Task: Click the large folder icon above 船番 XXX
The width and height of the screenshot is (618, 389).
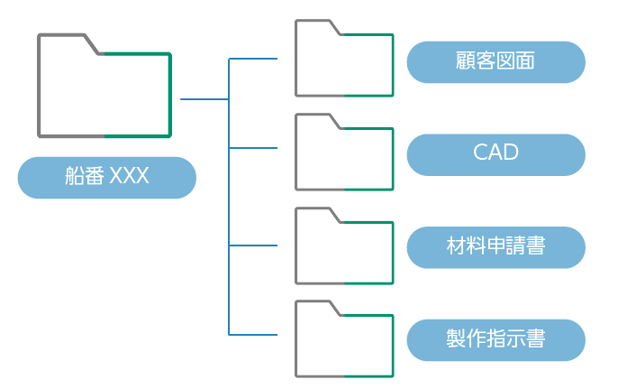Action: coord(105,87)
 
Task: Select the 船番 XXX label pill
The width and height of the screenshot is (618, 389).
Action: coord(106,177)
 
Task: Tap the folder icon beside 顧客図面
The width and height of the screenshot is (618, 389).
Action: coord(344,59)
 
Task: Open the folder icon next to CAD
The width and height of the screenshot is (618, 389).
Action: coord(344,153)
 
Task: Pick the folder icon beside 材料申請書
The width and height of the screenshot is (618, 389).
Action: coord(344,246)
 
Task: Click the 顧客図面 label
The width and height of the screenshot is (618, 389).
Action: coord(495,61)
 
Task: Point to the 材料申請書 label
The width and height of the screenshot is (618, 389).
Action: coord(495,246)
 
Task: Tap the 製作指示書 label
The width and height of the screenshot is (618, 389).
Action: coord(495,339)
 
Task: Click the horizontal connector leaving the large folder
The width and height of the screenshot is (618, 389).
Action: coord(204,98)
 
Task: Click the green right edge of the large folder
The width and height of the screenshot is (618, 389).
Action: coord(170,95)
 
